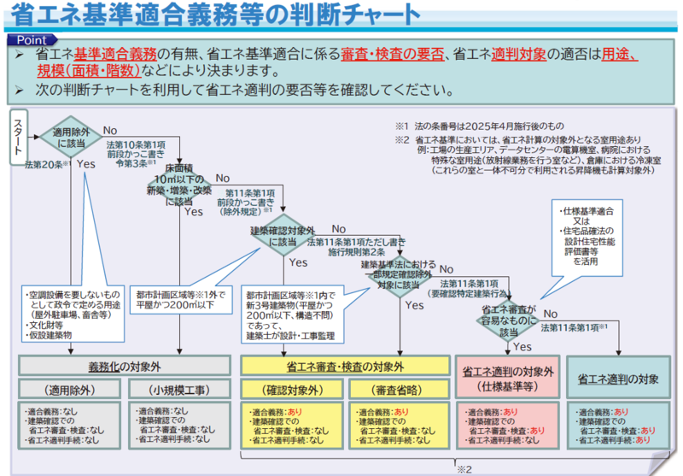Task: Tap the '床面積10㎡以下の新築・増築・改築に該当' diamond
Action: point(179,182)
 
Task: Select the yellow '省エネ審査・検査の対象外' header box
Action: point(345,365)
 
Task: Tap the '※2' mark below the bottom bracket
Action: point(464,469)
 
